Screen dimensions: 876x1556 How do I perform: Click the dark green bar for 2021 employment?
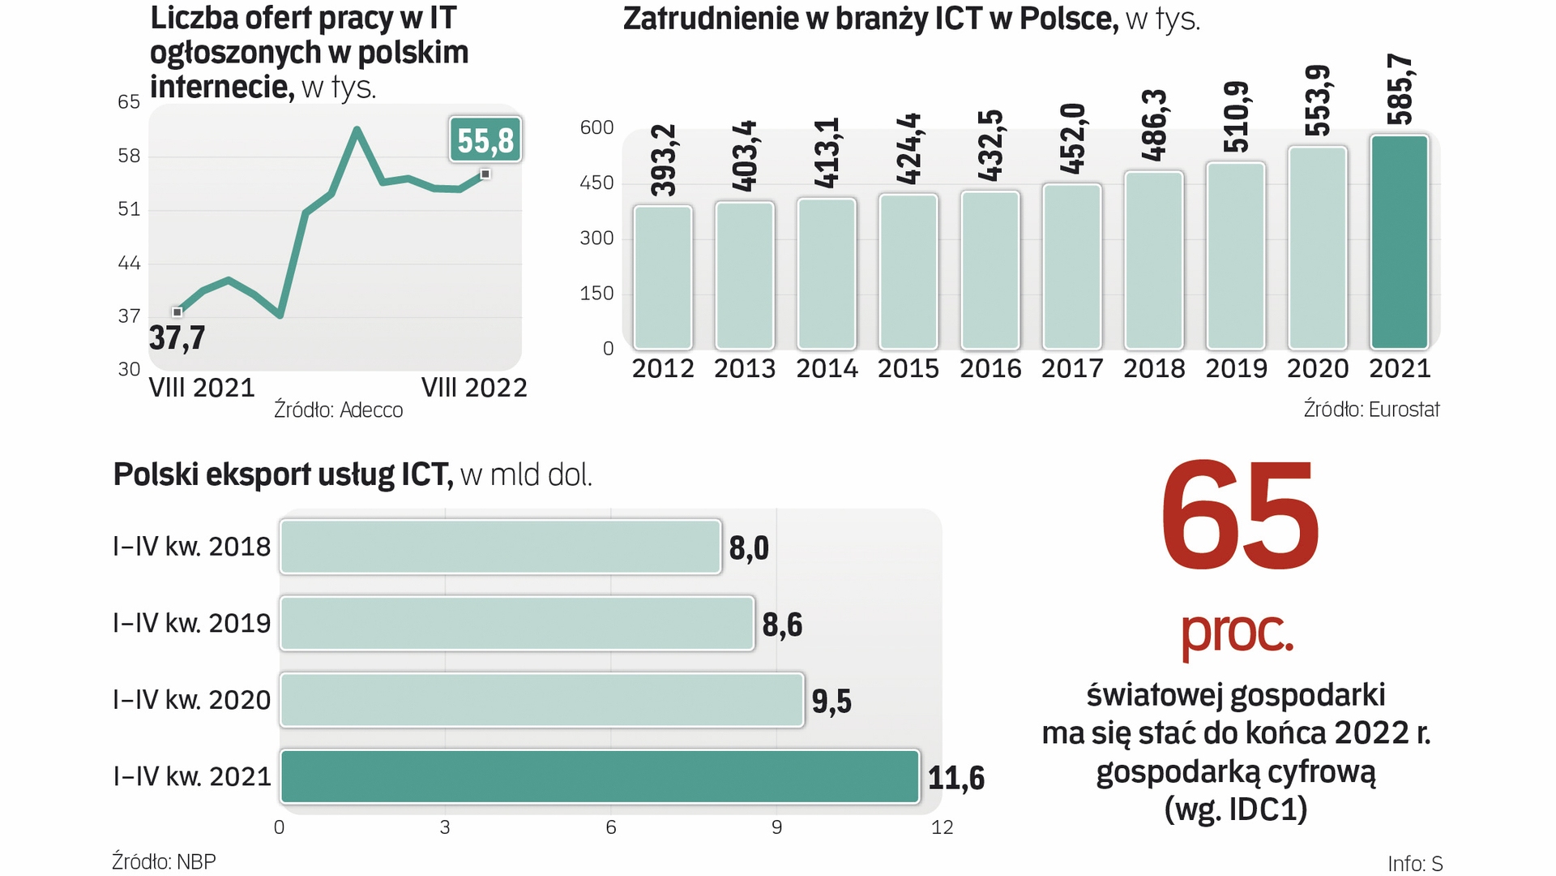tap(1399, 242)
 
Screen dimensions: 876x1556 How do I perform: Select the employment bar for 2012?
tap(662, 277)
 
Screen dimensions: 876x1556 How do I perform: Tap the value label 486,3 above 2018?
tap(1154, 125)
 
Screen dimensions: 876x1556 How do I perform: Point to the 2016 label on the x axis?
tap(990, 369)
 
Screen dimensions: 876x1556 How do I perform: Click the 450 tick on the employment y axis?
tap(596, 183)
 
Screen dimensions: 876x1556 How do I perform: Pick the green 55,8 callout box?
tap(485, 140)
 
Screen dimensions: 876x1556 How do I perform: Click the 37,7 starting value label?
tap(177, 337)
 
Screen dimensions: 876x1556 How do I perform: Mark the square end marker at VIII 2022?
tap(485, 174)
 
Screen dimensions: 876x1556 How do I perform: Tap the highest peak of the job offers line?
tap(357, 130)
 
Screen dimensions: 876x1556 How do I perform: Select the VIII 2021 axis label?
tap(202, 388)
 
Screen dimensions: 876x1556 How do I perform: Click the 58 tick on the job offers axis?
tap(129, 156)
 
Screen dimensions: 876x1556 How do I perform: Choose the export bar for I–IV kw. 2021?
tap(600, 777)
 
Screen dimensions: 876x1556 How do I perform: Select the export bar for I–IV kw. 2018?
tap(500, 547)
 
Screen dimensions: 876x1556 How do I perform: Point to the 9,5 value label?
tap(831, 701)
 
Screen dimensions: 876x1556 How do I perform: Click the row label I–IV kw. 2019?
tap(192, 624)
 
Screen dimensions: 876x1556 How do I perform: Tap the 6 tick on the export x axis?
tap(610, 827)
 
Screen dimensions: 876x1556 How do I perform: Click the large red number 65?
tap(1239, 516)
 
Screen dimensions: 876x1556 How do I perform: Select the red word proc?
tap(1237, 633)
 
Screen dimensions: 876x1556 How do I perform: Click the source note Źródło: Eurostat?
tap(1370, 410)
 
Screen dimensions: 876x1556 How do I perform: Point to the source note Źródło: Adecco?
tap(338, 410)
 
